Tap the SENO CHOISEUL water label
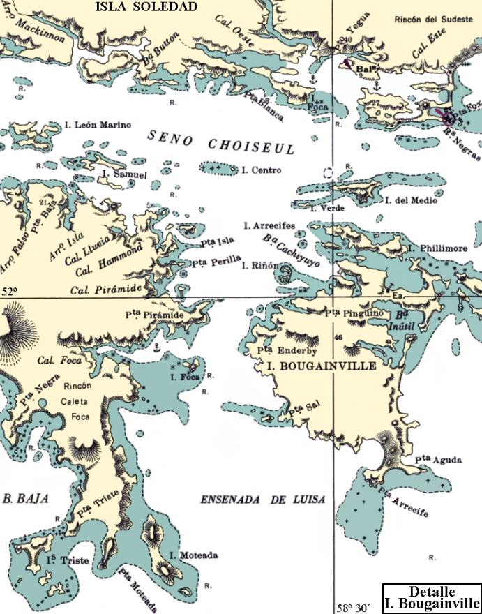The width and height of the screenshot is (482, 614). pos(221,141)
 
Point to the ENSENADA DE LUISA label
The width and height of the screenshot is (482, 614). pos(264,500)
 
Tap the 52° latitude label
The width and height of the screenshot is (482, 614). pos(8,292)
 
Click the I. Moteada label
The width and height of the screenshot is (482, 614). pos(194,555)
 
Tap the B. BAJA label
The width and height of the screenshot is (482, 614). pos(20,499)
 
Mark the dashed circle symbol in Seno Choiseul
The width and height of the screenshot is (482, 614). pos(329,172)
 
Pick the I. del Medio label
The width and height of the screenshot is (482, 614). pos(412,200)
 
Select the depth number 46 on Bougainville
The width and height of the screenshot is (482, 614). pos(338,338)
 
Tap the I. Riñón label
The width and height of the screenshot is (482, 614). pos(260,266)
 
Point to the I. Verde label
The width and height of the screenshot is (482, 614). pos(324,208)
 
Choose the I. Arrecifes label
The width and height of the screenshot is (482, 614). pos(269,225)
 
